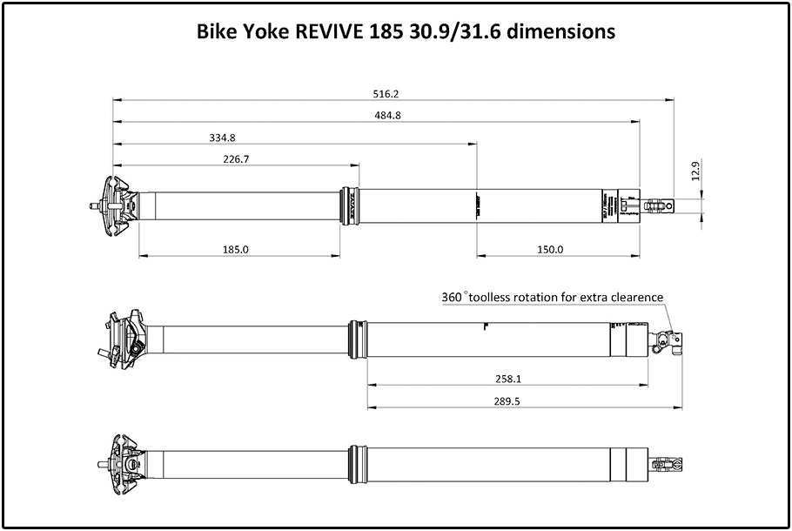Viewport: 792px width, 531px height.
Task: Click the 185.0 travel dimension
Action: pyautogui.click(x=236, y=249)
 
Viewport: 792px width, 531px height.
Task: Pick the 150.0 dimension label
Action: pyautogui.click(x=550, y=249)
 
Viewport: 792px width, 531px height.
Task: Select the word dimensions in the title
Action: pyautogui.click(x=567, y=32)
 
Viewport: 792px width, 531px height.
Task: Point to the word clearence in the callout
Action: pyautogui.click(x=634, y=297)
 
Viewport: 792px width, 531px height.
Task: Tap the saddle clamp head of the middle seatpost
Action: pyautogui.click(x=126, y=336)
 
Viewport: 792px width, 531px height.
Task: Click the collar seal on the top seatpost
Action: pyautogui.click(x=350, y=205)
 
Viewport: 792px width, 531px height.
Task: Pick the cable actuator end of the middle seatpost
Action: pyautogui.click(x=668, y=340)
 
